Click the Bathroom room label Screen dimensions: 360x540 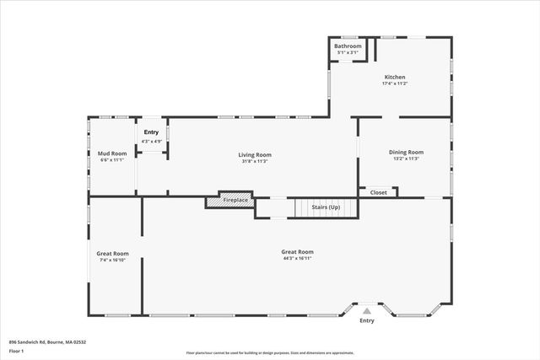click(x=348, y=46)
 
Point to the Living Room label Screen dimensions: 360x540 click(x=254, y=154)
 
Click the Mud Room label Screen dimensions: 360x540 click(x=111, y=153)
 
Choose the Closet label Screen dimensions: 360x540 click(x=379, y=192)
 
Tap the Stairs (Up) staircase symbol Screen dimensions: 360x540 click(x=320, y=207)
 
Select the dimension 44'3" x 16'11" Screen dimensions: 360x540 click(x=297, y=259)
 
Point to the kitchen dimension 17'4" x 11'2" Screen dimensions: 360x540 click(x=396, y=83)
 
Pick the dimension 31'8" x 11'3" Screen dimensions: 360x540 click(x=254, y=161)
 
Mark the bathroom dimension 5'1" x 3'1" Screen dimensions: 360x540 click(x=348, y=52)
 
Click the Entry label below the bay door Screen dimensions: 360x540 click(x=367, y=320)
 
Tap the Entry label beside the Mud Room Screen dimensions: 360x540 click(x=151, y=132)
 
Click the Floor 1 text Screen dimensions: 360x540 click(x=17, y=350)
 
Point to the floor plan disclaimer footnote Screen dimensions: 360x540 click(x=270, y=353)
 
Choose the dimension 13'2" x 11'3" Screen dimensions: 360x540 click(x=404, y=159)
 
